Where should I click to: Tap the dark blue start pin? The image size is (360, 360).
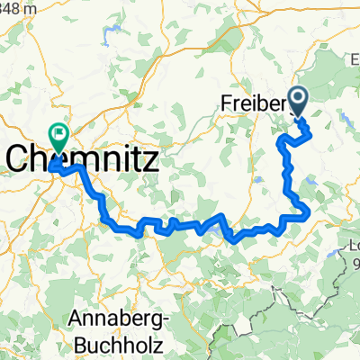coord(298,103)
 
